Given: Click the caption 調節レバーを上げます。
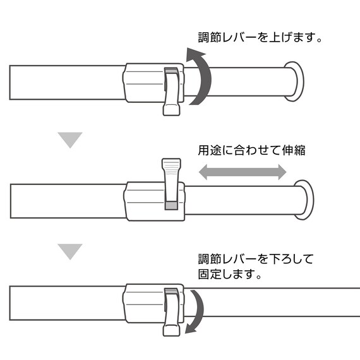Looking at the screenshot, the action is (x=260, y=37).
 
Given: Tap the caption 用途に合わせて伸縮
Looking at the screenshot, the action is (x=251, y=150).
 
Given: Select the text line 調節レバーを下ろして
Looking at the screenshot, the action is (x=256, y=259).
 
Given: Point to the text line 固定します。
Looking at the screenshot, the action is (x=230, y=273).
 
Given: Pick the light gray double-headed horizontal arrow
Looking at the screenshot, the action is (x=243, y=172).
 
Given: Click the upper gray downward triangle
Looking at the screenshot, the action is (x=70, y=140).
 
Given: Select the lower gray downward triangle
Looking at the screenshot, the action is (x=70, y=251).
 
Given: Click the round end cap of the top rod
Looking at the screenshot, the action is (x=294, y=81).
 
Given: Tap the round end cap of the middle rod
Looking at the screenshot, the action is (x=304, y=200).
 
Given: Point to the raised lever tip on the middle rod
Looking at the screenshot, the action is (x=171, y=164).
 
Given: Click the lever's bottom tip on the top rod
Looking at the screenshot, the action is (x=171, y=110).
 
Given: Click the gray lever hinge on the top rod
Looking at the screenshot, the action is (x=172, y=71).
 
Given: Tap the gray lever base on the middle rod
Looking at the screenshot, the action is (x=172, y=205).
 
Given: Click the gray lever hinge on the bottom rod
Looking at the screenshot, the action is (x=172, y=292).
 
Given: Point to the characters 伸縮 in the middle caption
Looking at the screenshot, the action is (x=294, y=150).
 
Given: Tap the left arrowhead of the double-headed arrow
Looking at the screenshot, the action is (x=203, y=172).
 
